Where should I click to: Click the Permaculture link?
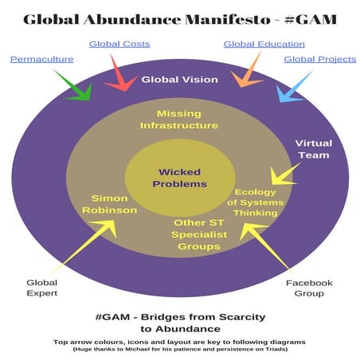click(x=42, y=59)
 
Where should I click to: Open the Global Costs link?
click(x=119, y=44)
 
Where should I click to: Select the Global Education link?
click(x=264, y=44)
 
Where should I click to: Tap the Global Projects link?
click(x=320, y=59)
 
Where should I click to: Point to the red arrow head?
click(x=121, y=84)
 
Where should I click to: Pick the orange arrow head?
click(x=245, y=80)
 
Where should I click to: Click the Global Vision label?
click(x=180, y=80)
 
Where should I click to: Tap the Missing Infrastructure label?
click(x=179, y=119)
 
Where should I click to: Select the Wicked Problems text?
click(x=180, y=178)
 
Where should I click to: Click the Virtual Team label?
click(x=314, y=149)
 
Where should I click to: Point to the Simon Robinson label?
click(x=110, y=204)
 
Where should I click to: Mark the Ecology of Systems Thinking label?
click(x=256, y=202)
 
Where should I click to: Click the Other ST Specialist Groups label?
click(x=199, y=234)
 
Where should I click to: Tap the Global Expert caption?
click(x=42, y=288)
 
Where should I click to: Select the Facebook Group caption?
click(x=309, y=288)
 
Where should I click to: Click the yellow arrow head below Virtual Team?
click(x=280, y=178)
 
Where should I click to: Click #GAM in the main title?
click(x=311, y=20)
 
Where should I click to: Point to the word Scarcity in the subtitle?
click(x=242, y=317)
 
